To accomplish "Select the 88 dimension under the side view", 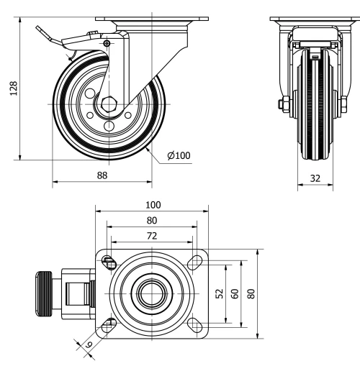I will (104, 175).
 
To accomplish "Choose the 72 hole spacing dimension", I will (152, 235).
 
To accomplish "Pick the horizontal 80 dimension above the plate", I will (152, 221).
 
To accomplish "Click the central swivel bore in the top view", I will (151, 293).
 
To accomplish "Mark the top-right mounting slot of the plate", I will (195, 261).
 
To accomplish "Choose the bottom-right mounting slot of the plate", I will (195, 326).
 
